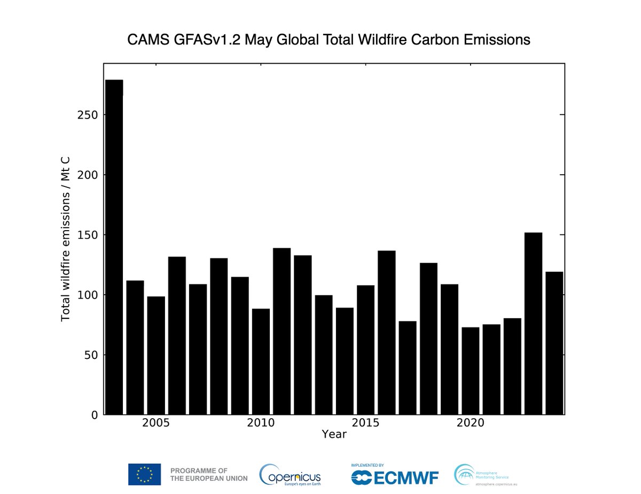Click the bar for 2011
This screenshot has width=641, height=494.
pyautogui.click(x=282, y=331)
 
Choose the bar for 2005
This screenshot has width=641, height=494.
pyautogui.click(x=156, y=355)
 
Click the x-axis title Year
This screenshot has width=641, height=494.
pyautogui.click(x=334, y=435)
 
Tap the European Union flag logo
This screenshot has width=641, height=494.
pyautogui.click(x=144, y=474)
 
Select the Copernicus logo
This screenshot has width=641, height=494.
pyautogui.click(x=290, y=474)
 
